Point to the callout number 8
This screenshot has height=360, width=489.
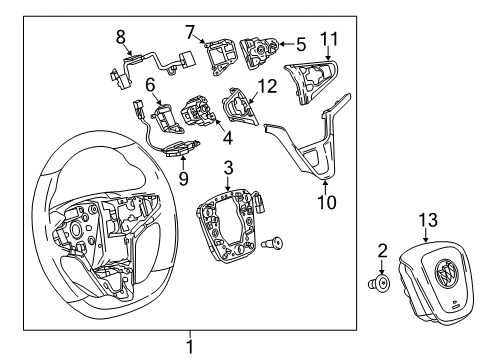pyautogui.click(x=121, y=37)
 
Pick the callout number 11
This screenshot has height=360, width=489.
pyautogui.click(x=330, y=39)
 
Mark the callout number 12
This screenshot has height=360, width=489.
pyautogui.click(x=265, y=89)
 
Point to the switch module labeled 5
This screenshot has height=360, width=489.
pyautogui.click(x=264, y=50)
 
